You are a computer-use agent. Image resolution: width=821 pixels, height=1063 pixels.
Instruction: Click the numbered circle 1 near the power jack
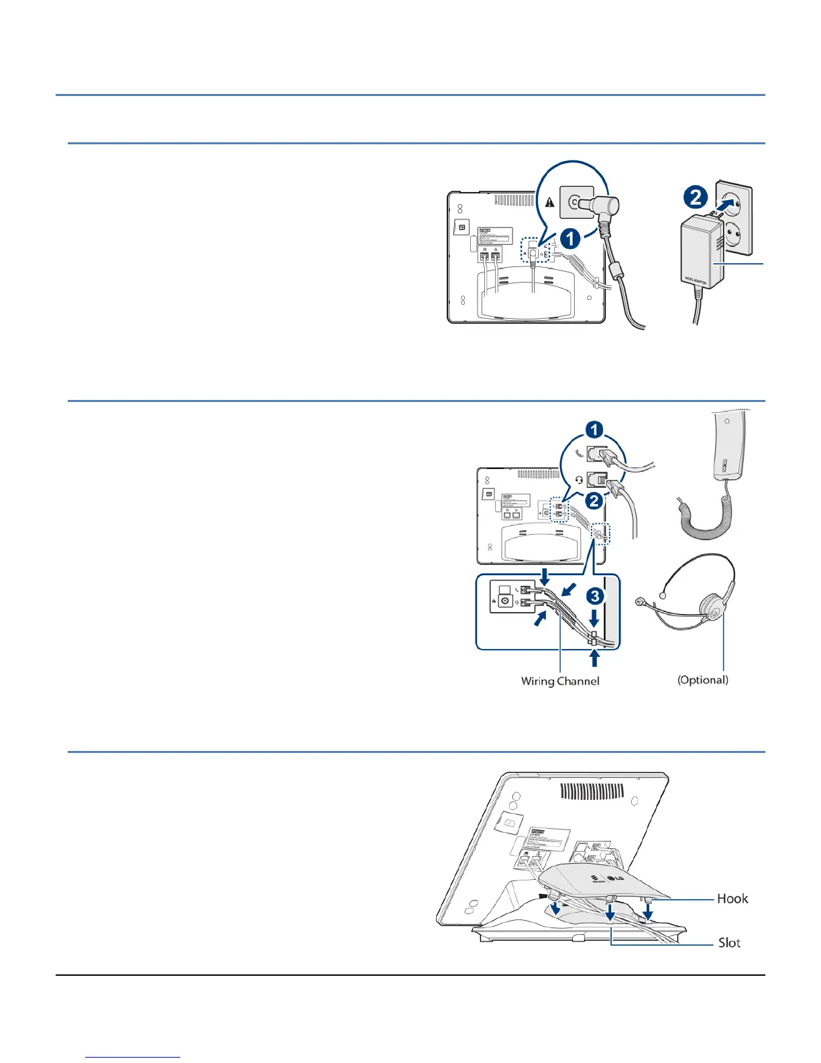(570, 238)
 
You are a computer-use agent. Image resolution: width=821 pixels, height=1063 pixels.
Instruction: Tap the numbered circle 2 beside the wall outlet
(696, 197)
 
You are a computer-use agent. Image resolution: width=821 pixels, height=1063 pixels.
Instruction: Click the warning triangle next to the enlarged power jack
(550, 202)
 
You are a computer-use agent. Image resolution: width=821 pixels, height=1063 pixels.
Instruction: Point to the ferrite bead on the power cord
(618, 274)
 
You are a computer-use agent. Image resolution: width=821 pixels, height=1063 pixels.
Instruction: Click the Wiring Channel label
(560, 681)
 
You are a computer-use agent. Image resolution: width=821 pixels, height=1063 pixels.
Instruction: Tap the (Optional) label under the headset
(702, 680)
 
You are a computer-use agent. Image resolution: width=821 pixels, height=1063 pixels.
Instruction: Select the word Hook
(732, 899)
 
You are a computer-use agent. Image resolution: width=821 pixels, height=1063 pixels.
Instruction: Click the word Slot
(729, 943)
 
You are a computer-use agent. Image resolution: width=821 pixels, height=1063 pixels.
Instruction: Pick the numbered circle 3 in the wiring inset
(595, 596)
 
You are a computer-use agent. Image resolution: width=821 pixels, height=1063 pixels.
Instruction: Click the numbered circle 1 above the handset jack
(594, 429)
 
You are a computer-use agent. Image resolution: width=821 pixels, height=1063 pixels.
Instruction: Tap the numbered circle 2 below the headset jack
(594, 501)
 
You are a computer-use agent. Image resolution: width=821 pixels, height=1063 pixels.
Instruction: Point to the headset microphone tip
(640, 602)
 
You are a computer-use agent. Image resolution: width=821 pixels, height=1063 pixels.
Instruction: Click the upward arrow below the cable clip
(594, 658)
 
